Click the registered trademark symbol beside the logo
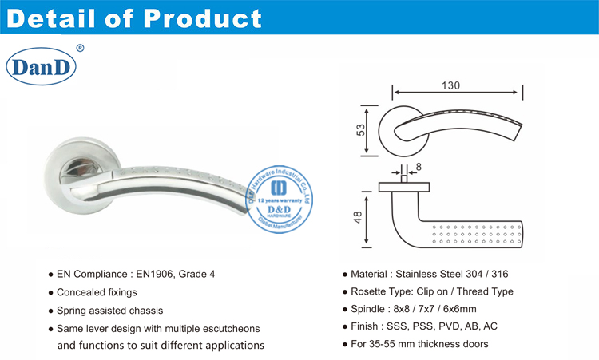(80, 49)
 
